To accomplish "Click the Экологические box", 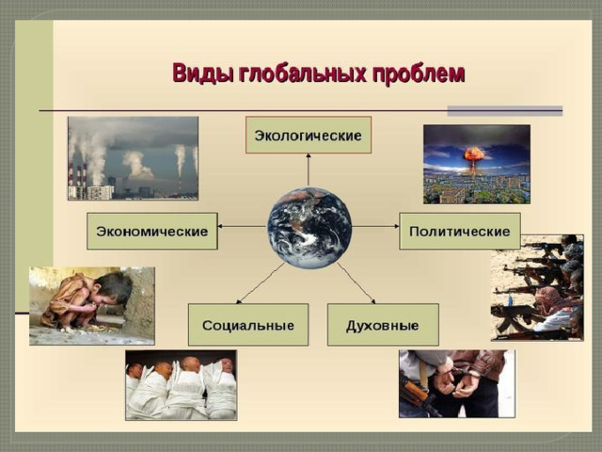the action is (x=309, y=135).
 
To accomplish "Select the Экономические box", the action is (x=152, y=231).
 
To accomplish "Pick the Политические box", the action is (x=460, y=231).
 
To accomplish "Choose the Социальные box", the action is (x=248, y=325).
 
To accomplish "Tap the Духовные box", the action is (x=383, y=325).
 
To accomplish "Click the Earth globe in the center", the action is (x=309, y=228).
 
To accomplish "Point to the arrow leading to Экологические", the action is (x=308, y=169).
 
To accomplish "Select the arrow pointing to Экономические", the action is (x=243, y=226).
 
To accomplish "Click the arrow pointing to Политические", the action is (x=375, y=226).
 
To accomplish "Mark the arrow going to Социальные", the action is (x=260, y=283).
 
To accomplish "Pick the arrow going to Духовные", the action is (x=356, y=283).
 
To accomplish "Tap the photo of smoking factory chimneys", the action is (x=133, y=158).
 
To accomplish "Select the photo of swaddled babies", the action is (x=182, y=385).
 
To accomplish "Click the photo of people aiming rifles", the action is (x=537, y=287).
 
